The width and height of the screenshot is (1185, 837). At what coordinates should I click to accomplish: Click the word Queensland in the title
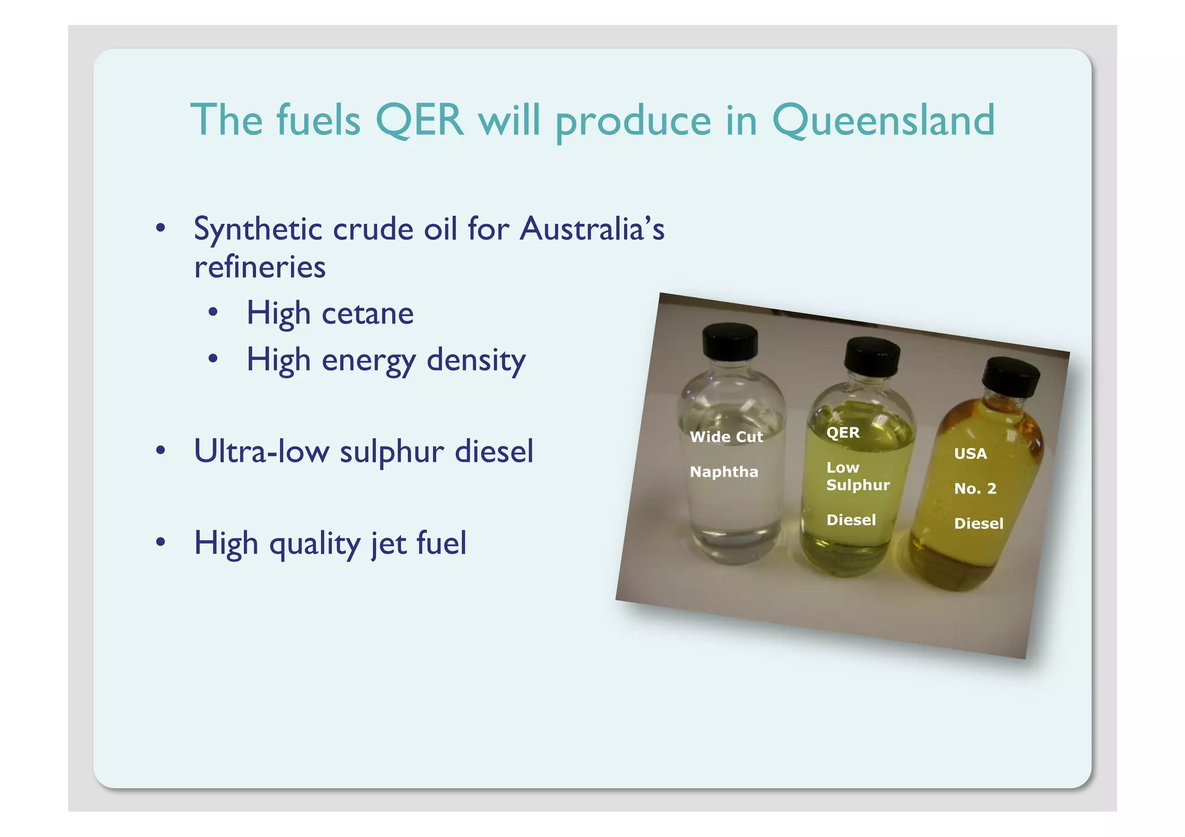pos(883,120)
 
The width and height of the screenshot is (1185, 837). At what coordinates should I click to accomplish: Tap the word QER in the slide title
pos(419,120)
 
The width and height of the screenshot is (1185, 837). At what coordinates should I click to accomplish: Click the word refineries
pos(260,267)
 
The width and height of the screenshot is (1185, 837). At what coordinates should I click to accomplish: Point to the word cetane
pos(367,314)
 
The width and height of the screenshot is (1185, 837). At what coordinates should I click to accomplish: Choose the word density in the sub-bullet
pos(476,360)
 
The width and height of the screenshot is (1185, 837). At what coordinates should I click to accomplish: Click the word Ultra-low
pos(262,451)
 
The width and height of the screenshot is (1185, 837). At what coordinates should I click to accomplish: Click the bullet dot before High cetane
pos(214,313)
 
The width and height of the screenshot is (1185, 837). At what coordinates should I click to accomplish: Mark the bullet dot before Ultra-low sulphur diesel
pos(161,450)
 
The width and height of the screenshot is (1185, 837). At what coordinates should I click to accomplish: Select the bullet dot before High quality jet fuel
pos(161,542)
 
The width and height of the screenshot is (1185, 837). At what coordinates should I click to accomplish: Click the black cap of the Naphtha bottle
pos(730,341)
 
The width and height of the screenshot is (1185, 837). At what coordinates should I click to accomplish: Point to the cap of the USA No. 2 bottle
pos(1011,377)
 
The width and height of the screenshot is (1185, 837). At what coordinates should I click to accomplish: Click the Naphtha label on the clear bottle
pos(724,472)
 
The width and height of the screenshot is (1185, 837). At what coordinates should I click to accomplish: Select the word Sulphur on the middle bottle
pos(858,485)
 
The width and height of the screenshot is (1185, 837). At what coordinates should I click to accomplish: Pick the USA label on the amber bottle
pos(970,453)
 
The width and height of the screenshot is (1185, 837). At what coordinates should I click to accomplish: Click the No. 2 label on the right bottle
pos(975,489)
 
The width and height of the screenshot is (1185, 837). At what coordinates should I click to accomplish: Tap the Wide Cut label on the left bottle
pos(726,437)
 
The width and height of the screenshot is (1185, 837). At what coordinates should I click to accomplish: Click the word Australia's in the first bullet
pos(592,230)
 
